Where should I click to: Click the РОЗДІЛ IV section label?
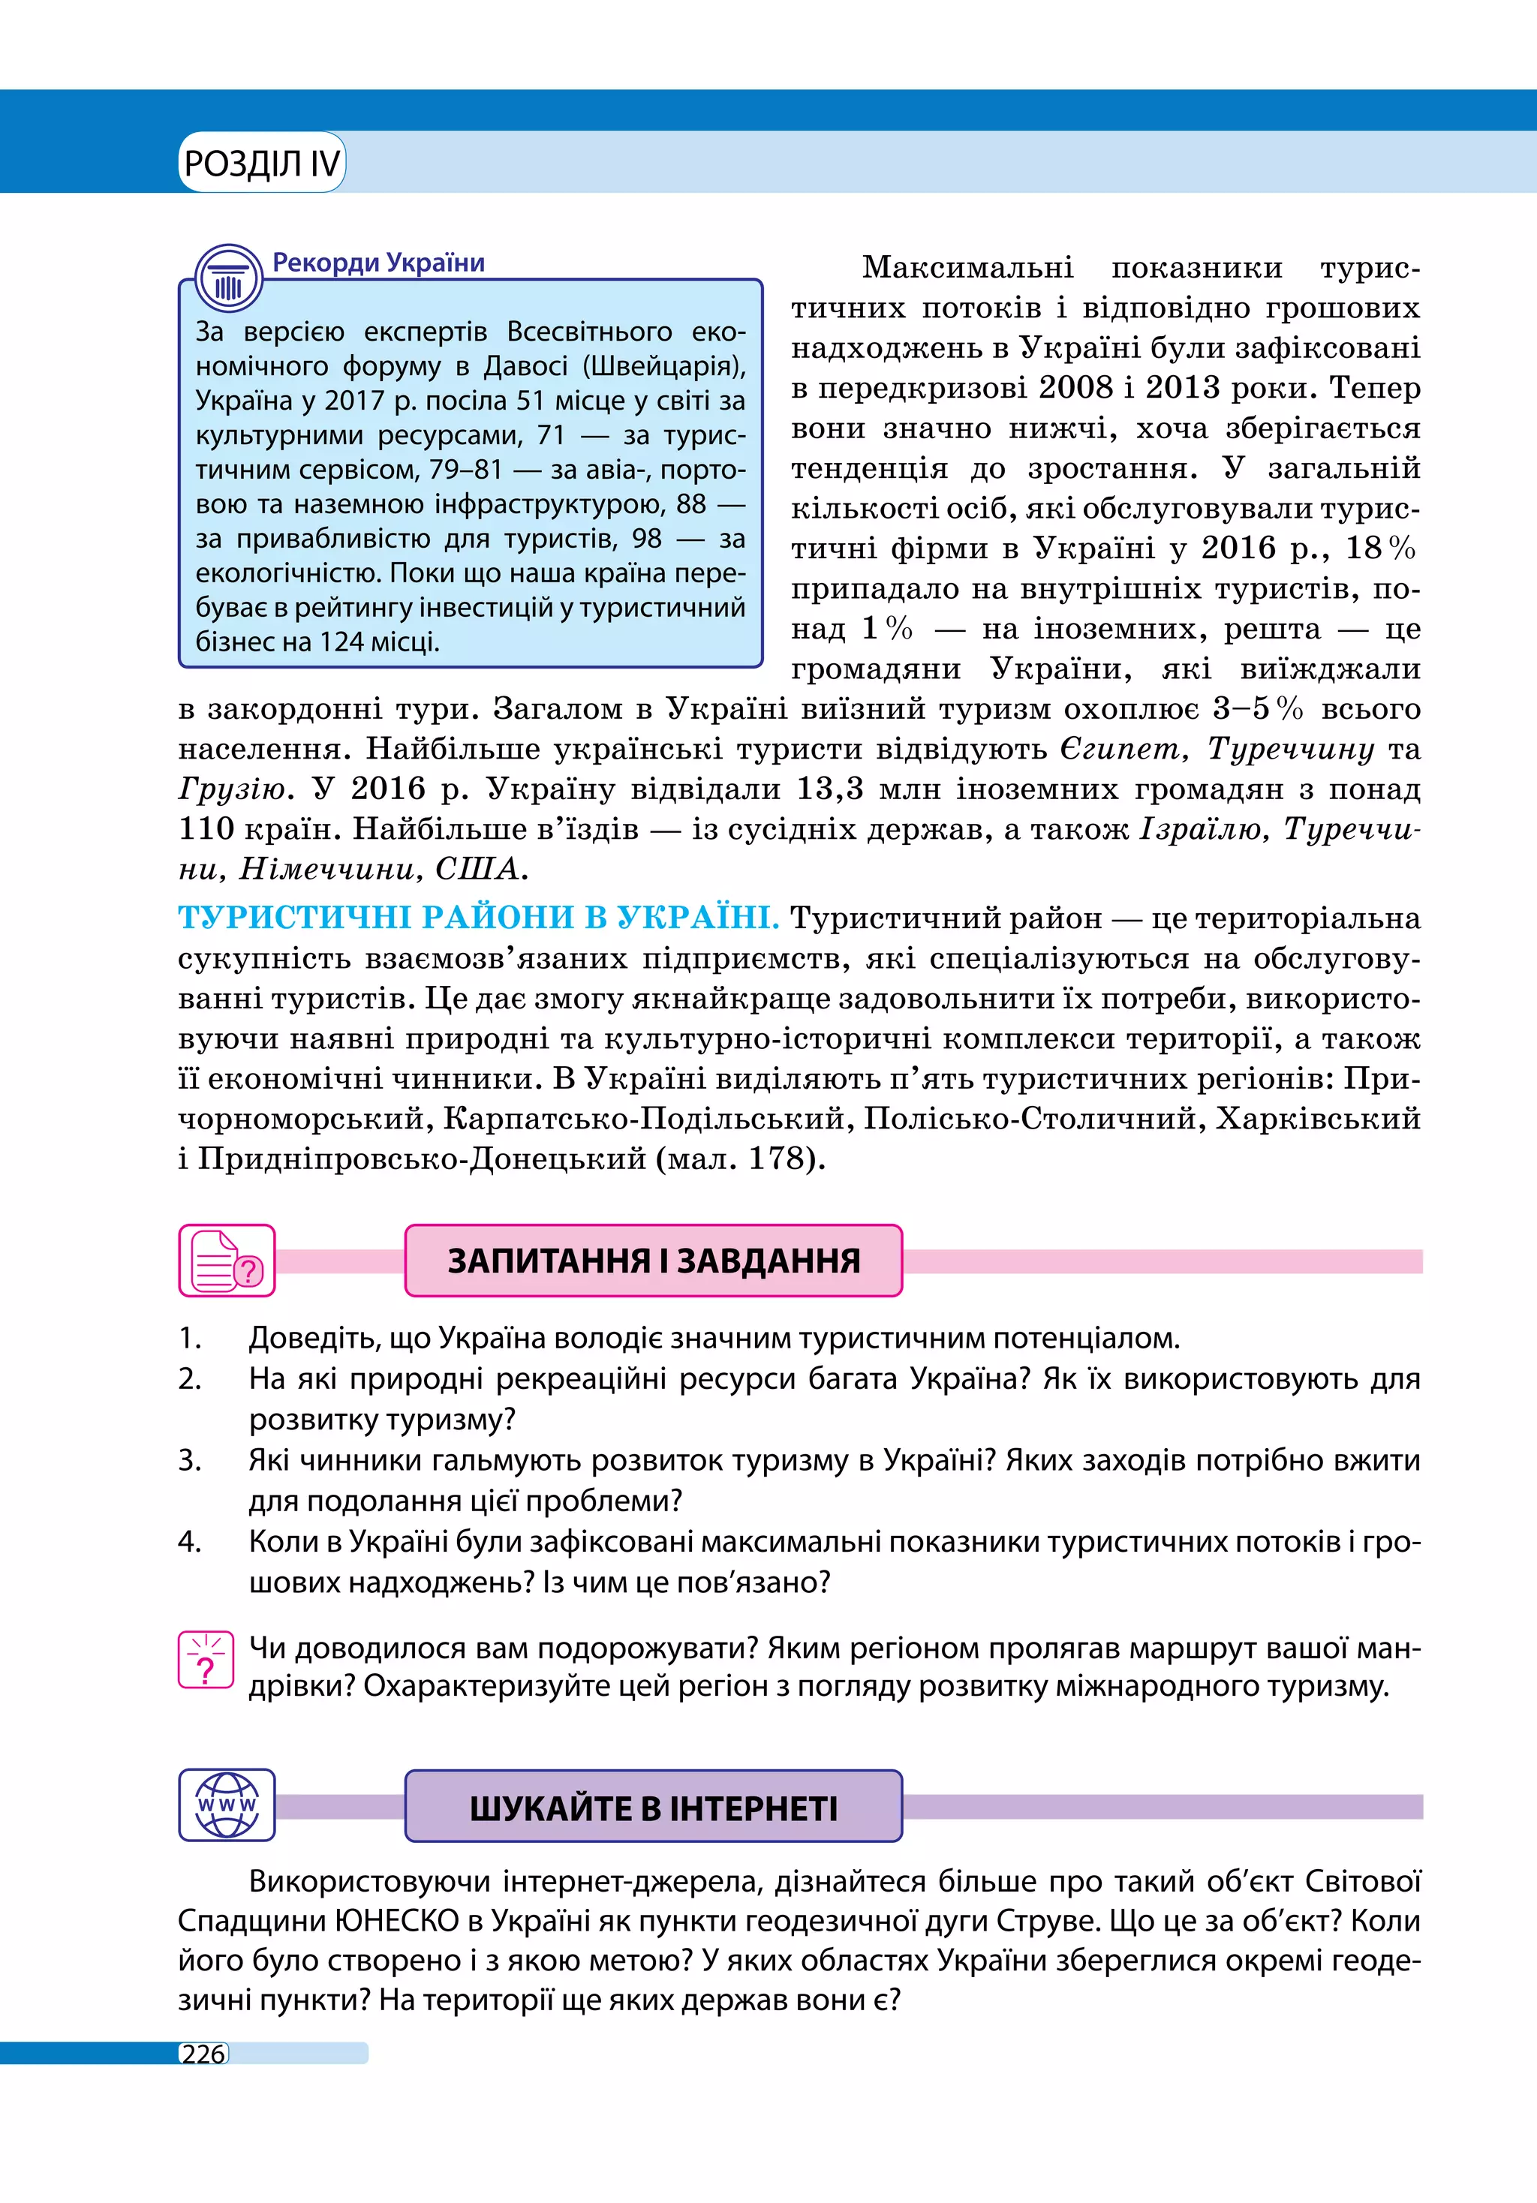click(261, 164)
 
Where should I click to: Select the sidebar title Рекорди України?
click(378, 263)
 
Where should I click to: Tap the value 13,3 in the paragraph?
click(830, 789)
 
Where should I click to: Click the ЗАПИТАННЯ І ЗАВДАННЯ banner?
click(654, 1261)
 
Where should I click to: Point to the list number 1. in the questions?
click(190, 1338)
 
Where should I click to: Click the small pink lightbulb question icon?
click(206, 1660)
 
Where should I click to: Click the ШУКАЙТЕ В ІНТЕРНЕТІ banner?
click(654, 1807)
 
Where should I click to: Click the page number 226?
click(203, 2054)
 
